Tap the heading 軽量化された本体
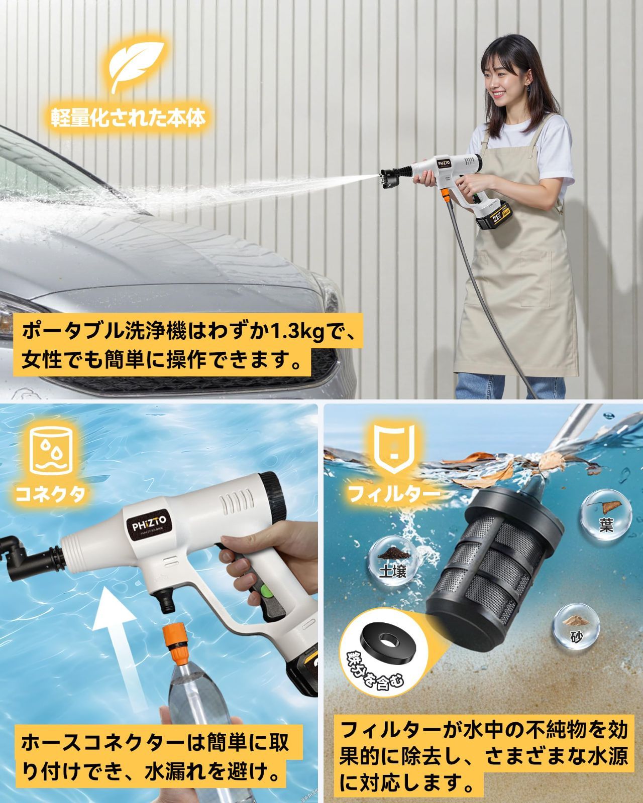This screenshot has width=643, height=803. [129, 118]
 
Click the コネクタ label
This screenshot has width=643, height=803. [50, 494]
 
